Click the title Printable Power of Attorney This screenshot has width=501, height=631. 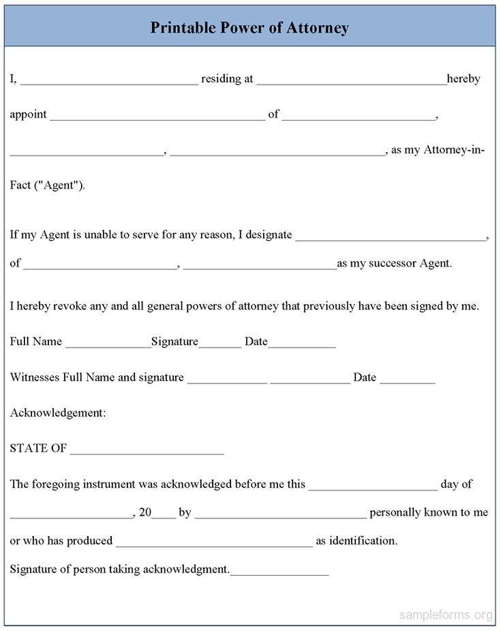point(249,28)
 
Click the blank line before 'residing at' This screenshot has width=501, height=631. point(109,81)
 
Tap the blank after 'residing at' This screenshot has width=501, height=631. point(352,81)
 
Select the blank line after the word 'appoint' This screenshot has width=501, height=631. point(157,117)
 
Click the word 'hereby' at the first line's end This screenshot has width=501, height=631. point(464,78)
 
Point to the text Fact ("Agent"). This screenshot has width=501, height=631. point(48,185)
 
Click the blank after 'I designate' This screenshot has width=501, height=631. point(391,237)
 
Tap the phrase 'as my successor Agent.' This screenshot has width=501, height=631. point(394,263)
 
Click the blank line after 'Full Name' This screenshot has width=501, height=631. point(108,344)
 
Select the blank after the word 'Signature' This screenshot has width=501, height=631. point(219,344)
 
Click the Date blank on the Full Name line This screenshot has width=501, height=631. point(301,344)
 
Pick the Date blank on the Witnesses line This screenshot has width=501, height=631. point(407,381)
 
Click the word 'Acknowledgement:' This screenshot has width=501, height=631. point(58,413)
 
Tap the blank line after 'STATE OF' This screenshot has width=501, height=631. point(147,452)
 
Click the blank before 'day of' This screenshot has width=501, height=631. point(373,488)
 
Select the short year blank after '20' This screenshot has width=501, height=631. point(164,516)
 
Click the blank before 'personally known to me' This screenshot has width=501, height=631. point(280,516)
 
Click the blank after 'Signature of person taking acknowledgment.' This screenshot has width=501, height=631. point(279,572)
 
